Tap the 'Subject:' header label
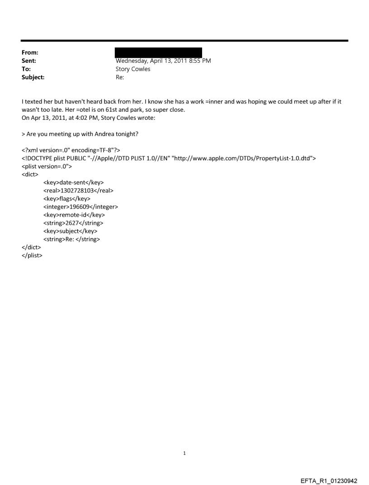32,77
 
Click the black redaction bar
158,52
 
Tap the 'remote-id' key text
73,215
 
